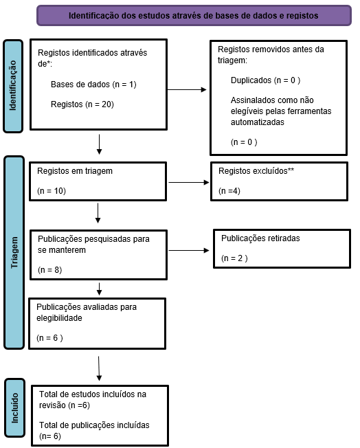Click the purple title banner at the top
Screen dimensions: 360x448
pyautogui.click(x=194, y=15)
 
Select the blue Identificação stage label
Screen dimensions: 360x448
pyautogui.click(x=13, y=86)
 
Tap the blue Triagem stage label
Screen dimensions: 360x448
pyautogui.click(x=14, y=253)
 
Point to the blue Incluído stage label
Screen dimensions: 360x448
pyautogui.click(x=14, y=408)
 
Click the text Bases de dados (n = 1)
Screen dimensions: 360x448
pyautogui.click(x=93, y=85)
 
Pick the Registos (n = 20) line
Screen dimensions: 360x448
pyautogui.click(x=82, y=104)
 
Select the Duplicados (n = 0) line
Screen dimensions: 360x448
pyautogui.click(x=265, y=80)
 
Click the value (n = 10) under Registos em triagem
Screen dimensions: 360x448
pyautogui.click(x=52, y=191)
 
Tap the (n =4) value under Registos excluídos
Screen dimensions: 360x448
pyautogui.click(x=229, y=191)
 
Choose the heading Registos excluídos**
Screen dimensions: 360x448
pyautogui.click(x=256, y=171)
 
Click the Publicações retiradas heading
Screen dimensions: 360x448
pyautogui.click(x=260, y=238)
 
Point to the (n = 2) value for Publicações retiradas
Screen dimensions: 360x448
pyautogui.click(x=234, y=258)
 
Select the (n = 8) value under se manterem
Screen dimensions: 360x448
pyautogui.click(x=49, y=270)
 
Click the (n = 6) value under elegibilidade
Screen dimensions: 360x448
pyautogui.click(x=49, y=338)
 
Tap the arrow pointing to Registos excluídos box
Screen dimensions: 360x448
pyautogui.click(x=189, y=182)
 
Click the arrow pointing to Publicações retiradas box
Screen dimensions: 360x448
pyautogui.click(x=189, y=250)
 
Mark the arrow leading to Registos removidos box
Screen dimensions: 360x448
pyautogui.click(x=187, y=90)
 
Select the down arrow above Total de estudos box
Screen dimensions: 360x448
pyautogui.click(x=99, y=368)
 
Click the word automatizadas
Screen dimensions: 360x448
pyautogui.click(x=258, y=122)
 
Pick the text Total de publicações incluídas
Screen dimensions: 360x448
pyautogui.click(x=94, y=425)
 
